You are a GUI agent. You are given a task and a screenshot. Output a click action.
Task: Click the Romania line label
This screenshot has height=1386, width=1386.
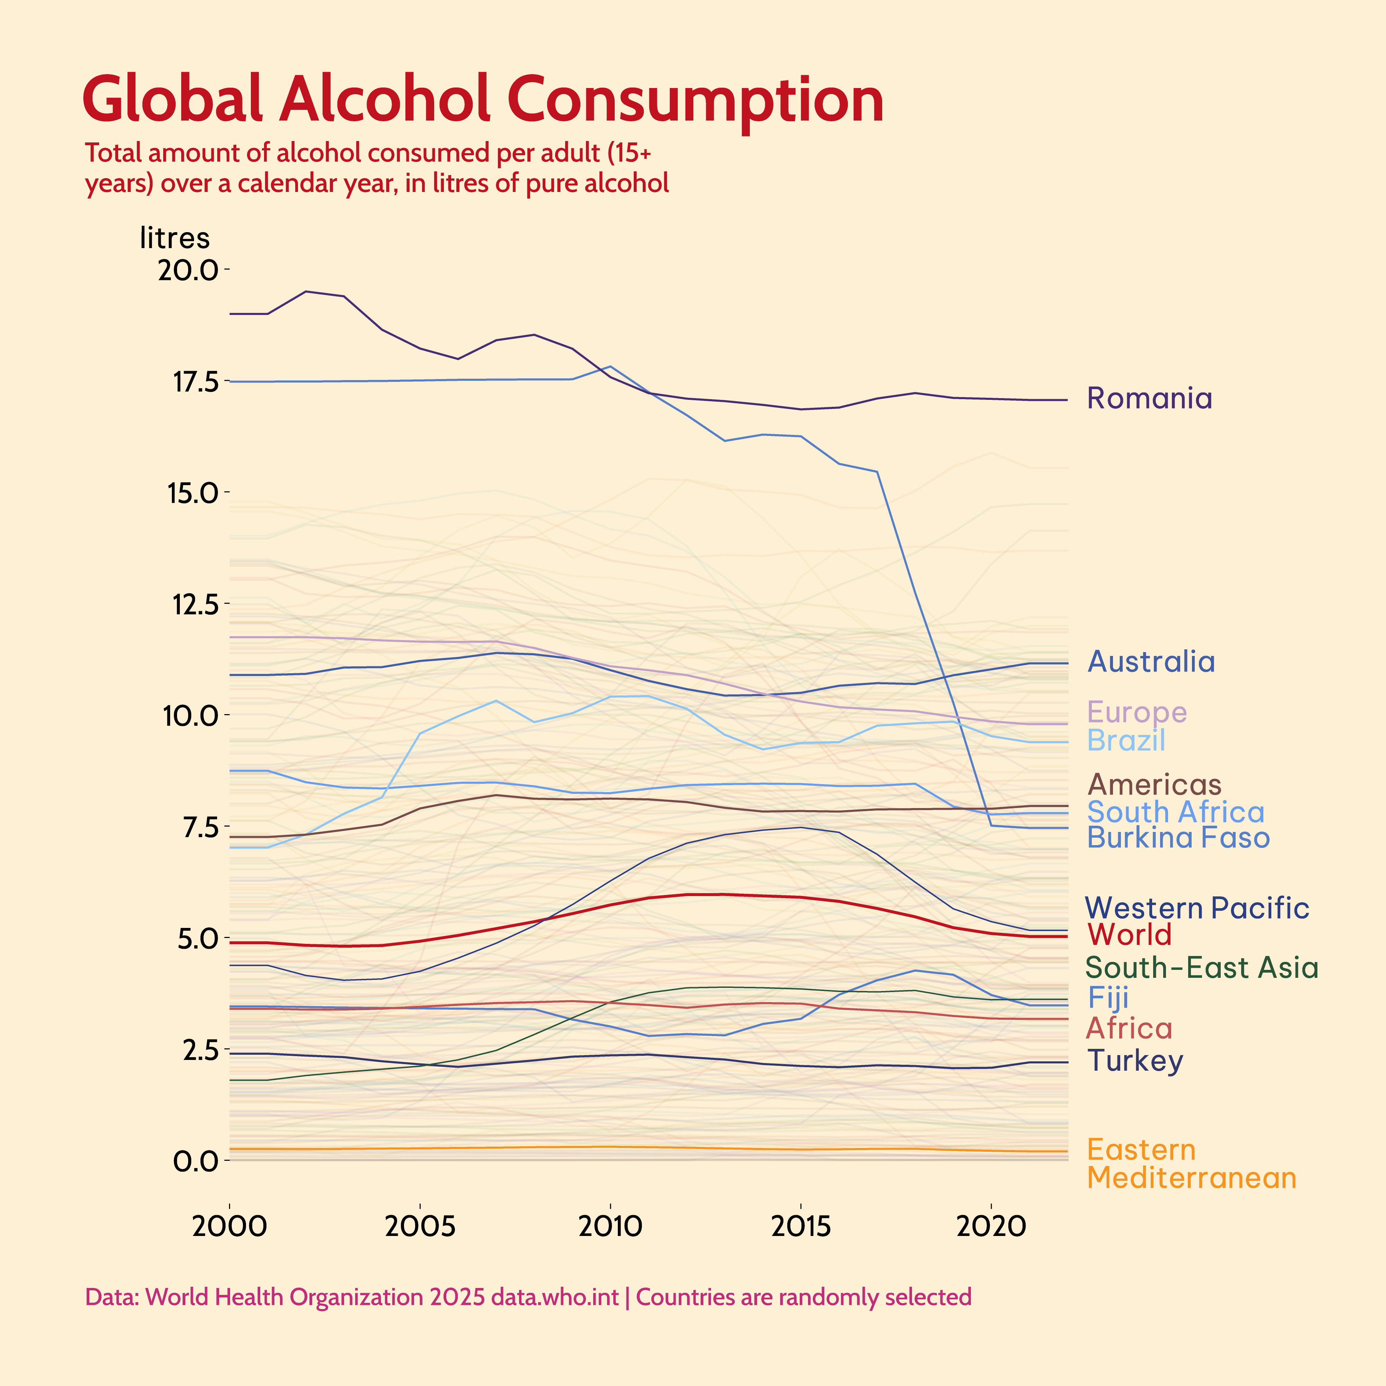[1149, 398]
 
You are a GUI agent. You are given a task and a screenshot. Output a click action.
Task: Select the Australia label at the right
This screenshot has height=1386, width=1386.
[1151, 661]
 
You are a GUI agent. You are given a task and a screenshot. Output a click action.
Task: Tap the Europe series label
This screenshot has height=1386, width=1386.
[1137, 712]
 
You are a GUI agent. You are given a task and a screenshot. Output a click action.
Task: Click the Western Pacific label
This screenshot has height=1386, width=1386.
[1196, 908]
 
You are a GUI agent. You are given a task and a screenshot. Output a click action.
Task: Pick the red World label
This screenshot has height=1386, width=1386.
[1129, 935]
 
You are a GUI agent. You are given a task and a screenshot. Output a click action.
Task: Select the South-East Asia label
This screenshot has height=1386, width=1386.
[1201, 968]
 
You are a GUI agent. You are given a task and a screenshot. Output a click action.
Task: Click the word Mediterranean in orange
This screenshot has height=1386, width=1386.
[1192, 1178]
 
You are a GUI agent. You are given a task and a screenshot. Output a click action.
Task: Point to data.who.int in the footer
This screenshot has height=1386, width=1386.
[554, 1297]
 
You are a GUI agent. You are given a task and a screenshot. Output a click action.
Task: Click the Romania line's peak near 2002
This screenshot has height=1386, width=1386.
[306, 291]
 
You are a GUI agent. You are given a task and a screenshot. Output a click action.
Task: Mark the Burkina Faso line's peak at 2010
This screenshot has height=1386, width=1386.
[610, 367]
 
